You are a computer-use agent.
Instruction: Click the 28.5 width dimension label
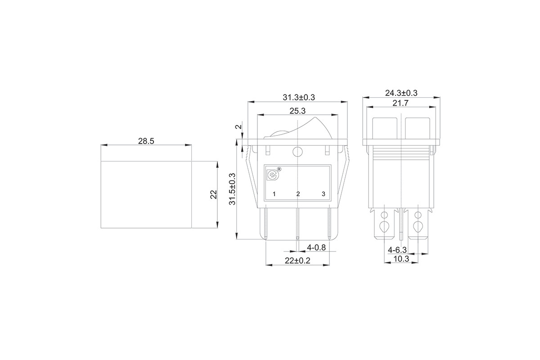pos(146,141)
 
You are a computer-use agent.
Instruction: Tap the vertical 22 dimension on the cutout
pos(214,194)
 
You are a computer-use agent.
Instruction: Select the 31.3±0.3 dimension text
pos(299,97)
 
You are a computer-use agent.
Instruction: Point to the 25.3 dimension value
pos(297,111)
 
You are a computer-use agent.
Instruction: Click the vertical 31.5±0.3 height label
pos(232,189)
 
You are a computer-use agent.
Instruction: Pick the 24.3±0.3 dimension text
pos(401,93)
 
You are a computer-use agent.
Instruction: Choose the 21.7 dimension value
pos(400,103)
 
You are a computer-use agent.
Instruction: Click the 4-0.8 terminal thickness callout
pos(316,247)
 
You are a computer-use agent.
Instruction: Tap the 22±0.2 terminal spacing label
pos(297,261)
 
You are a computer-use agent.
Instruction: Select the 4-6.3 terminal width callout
pos(397,250)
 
